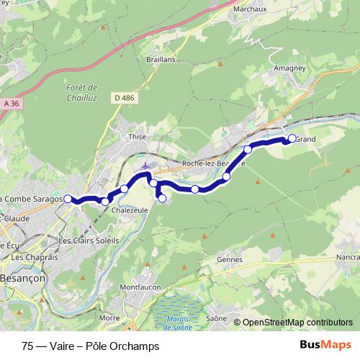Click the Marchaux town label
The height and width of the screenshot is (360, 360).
(251, 10)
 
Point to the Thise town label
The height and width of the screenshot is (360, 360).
(137, 135)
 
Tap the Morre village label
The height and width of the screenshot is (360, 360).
(109, 317)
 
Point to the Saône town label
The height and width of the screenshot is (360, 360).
(217, 318)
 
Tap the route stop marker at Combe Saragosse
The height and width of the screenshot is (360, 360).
(68, 199)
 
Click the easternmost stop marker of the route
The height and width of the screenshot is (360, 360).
(292, 138)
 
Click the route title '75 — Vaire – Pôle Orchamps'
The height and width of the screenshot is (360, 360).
(91, 346)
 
